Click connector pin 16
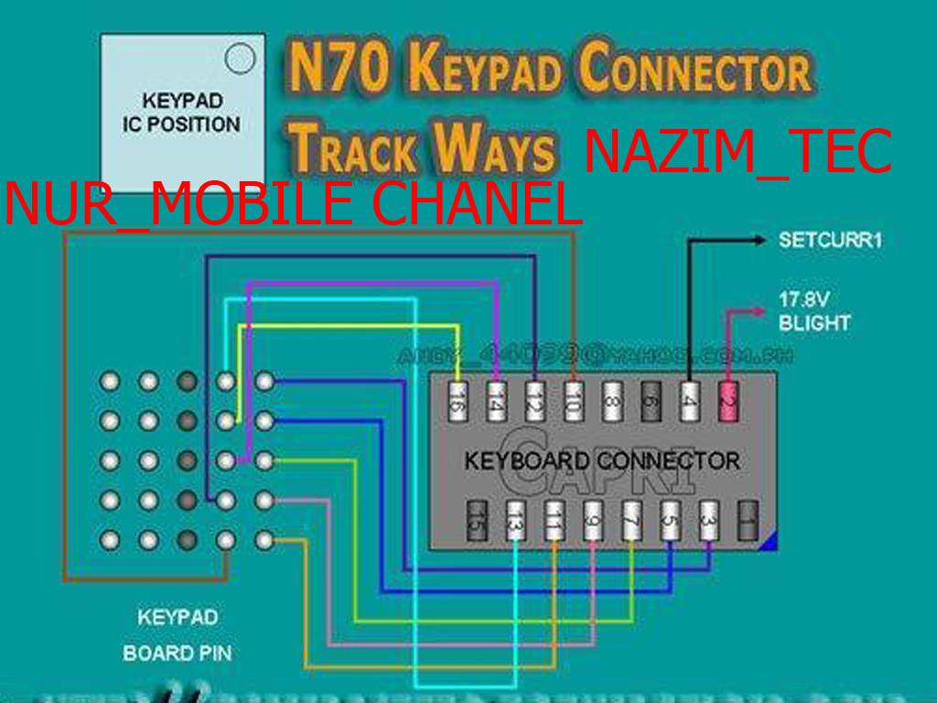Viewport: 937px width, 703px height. pos(458,402)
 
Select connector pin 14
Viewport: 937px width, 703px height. pos(496,402)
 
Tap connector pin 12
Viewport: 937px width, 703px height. pos(534,402)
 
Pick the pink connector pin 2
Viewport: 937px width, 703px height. pos(728,402)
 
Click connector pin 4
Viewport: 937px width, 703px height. pos(689,402)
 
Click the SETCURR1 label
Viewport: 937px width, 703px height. pos(831,241)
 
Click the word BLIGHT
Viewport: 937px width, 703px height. pos(814,322)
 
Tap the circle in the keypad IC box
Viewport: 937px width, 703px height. pos(240,59)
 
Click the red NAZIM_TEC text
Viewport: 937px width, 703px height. pos(738,152)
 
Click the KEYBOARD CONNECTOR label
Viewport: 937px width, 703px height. pos(601,460)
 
